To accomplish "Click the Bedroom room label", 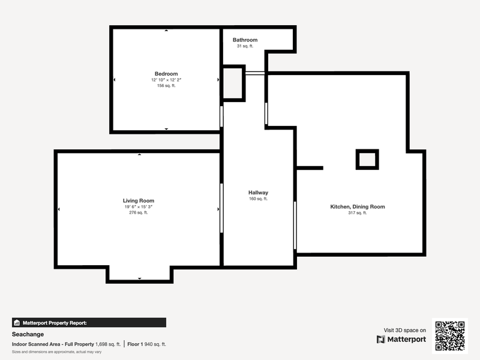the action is tap(166, 74).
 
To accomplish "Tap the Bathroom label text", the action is tap(245, 40).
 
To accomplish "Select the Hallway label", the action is tap(258, 193).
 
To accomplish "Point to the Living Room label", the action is tap(139, 200).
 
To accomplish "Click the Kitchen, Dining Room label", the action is tap(357, 206).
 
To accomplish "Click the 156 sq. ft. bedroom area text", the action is tap(166, 86).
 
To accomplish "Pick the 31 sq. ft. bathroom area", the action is tap(245, 46).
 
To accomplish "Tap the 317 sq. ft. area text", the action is tap(357, 213).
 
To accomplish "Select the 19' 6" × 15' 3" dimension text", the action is tap(139, 206).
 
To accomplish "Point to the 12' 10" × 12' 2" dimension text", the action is tap(166, 80).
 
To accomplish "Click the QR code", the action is tap(449, 336).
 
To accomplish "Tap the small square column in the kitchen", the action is tap(367, 159).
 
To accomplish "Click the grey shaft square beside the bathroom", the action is tap(234, 83).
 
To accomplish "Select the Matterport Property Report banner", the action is tap(89, 323).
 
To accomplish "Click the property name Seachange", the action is tap(28, 334).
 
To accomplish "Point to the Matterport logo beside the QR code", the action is tap(401, 339).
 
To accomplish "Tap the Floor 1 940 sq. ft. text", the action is tap(146, 344).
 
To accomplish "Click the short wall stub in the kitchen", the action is tap(310, 168).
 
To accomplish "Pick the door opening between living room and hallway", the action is tap(221, 208).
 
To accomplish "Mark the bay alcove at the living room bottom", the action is tap(140, 274).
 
